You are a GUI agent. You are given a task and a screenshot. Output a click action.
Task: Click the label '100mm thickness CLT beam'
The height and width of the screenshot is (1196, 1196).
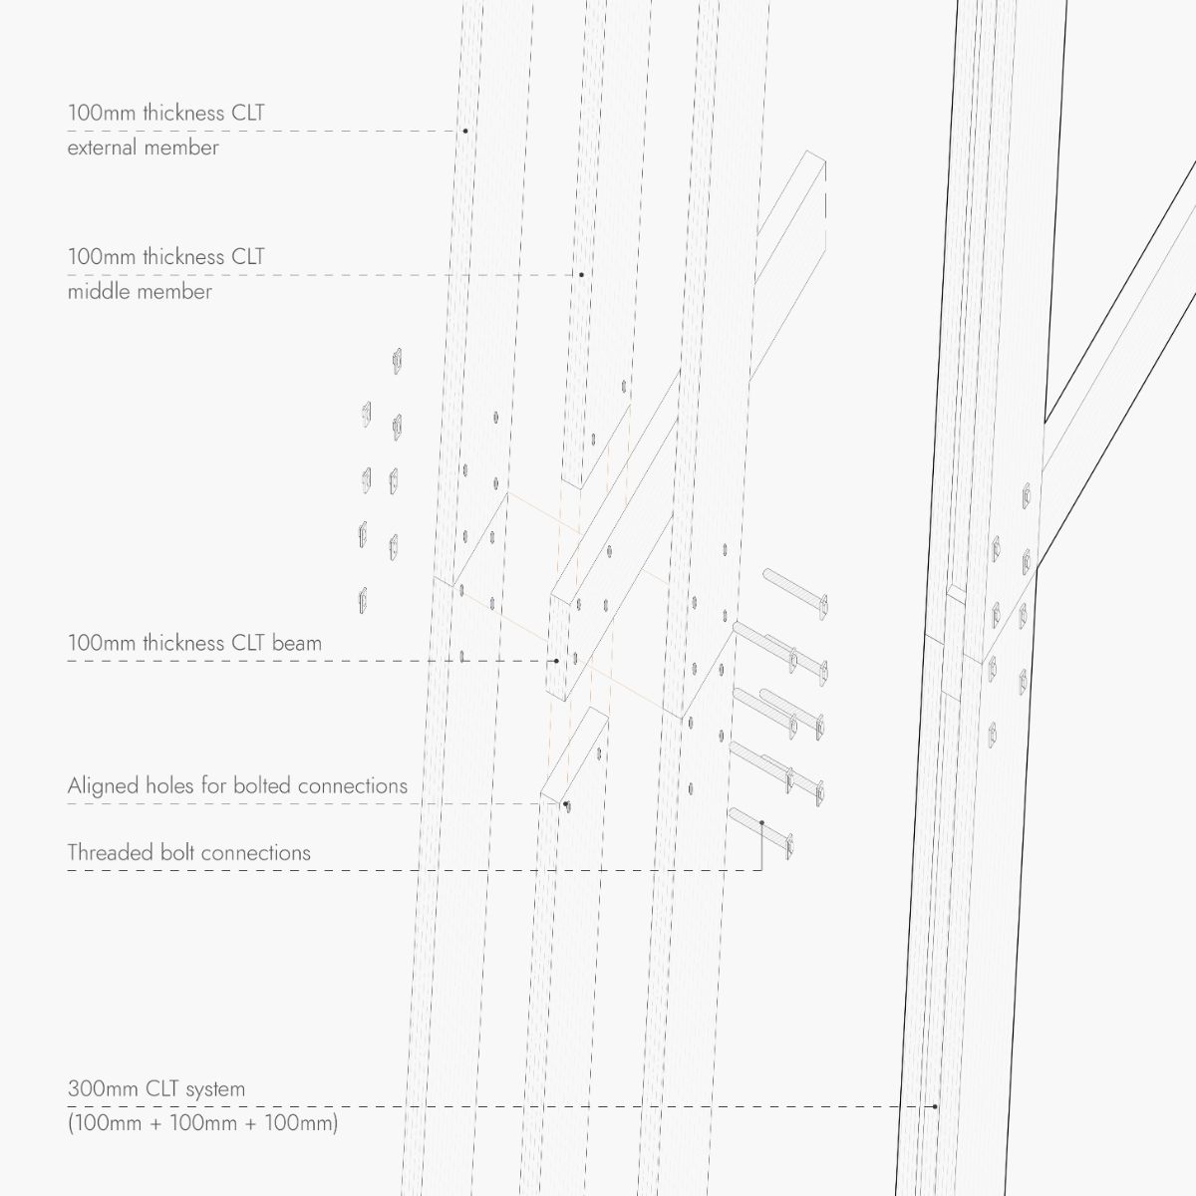pos(194,643)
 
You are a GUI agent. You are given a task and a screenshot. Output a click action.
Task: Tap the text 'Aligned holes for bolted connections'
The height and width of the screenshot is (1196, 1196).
pos(237,785)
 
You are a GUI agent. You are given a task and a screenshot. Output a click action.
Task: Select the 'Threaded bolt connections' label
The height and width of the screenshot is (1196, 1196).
pos(188,853)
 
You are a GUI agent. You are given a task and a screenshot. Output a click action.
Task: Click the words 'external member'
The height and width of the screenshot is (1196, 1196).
pos(143,148)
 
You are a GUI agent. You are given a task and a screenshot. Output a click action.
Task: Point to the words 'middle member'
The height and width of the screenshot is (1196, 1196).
pos(140,292)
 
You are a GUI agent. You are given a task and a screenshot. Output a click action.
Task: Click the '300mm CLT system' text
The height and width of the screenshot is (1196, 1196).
pos(156,1088)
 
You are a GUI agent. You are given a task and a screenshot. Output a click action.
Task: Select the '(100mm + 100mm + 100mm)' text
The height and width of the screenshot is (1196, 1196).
pos(203,1123)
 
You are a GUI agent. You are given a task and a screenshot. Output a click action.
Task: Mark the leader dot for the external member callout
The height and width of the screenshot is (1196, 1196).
pos(464,131)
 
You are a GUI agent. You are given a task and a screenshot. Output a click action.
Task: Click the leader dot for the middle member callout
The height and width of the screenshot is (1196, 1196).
pos(581,274)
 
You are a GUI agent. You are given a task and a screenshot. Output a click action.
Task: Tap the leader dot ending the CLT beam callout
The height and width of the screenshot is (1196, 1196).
pos(556,661)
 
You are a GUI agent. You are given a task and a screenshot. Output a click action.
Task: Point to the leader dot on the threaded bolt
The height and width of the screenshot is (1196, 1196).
pos(762,823)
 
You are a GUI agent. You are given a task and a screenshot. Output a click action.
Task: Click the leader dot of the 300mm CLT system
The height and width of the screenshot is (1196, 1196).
pos(935,1106)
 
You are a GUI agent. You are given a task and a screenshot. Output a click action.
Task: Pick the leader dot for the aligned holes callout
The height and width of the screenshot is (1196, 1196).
pos(565,804)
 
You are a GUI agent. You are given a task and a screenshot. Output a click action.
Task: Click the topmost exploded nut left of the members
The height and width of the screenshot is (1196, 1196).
pos(398,361)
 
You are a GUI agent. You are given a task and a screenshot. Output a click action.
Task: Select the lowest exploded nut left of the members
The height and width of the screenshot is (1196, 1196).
pos(363,600)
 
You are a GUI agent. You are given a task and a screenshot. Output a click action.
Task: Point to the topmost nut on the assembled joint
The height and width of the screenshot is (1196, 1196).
pos(1026,495)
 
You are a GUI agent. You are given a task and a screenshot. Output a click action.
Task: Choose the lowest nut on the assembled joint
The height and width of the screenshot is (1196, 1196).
pos(993,736)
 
